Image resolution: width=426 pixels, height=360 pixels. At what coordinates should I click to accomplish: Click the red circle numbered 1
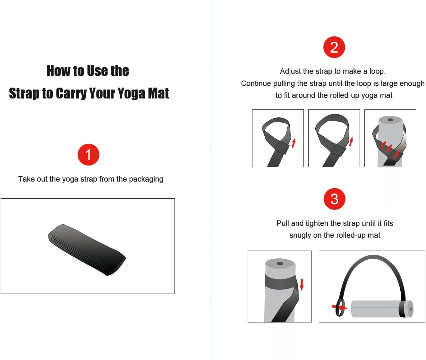pyautogui.click(x=88, y=154)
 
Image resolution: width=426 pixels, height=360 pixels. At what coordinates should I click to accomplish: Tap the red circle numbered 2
pyautogui.click(x=334, y=47)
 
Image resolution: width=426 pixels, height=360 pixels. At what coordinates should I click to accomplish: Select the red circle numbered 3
pyautogui.click(x=334, y=199)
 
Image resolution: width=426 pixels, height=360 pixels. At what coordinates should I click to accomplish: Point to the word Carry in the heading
pyautogui.click(x=72, y=93)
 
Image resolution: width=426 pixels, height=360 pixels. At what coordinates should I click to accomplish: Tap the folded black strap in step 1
pyautogui.click(x=87, y=250)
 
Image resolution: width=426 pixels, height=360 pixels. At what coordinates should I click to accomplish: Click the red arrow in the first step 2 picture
pyautogui.click(x=294, y=143)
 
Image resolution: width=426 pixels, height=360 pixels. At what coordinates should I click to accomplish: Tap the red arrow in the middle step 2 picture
pyautogui.click(x=351, y=141)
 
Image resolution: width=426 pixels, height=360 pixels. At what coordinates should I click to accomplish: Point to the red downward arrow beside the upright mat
pyautogui.click(x=302, y=285)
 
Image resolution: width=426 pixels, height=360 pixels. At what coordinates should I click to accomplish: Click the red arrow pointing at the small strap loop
pyautogui.click(x=339, y=307)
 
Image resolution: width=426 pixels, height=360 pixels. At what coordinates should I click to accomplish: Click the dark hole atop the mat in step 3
pyautogui.click(x=280, y=263)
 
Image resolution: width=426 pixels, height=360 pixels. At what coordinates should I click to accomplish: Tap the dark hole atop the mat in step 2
pyautogui.click(x=390, y=120)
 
